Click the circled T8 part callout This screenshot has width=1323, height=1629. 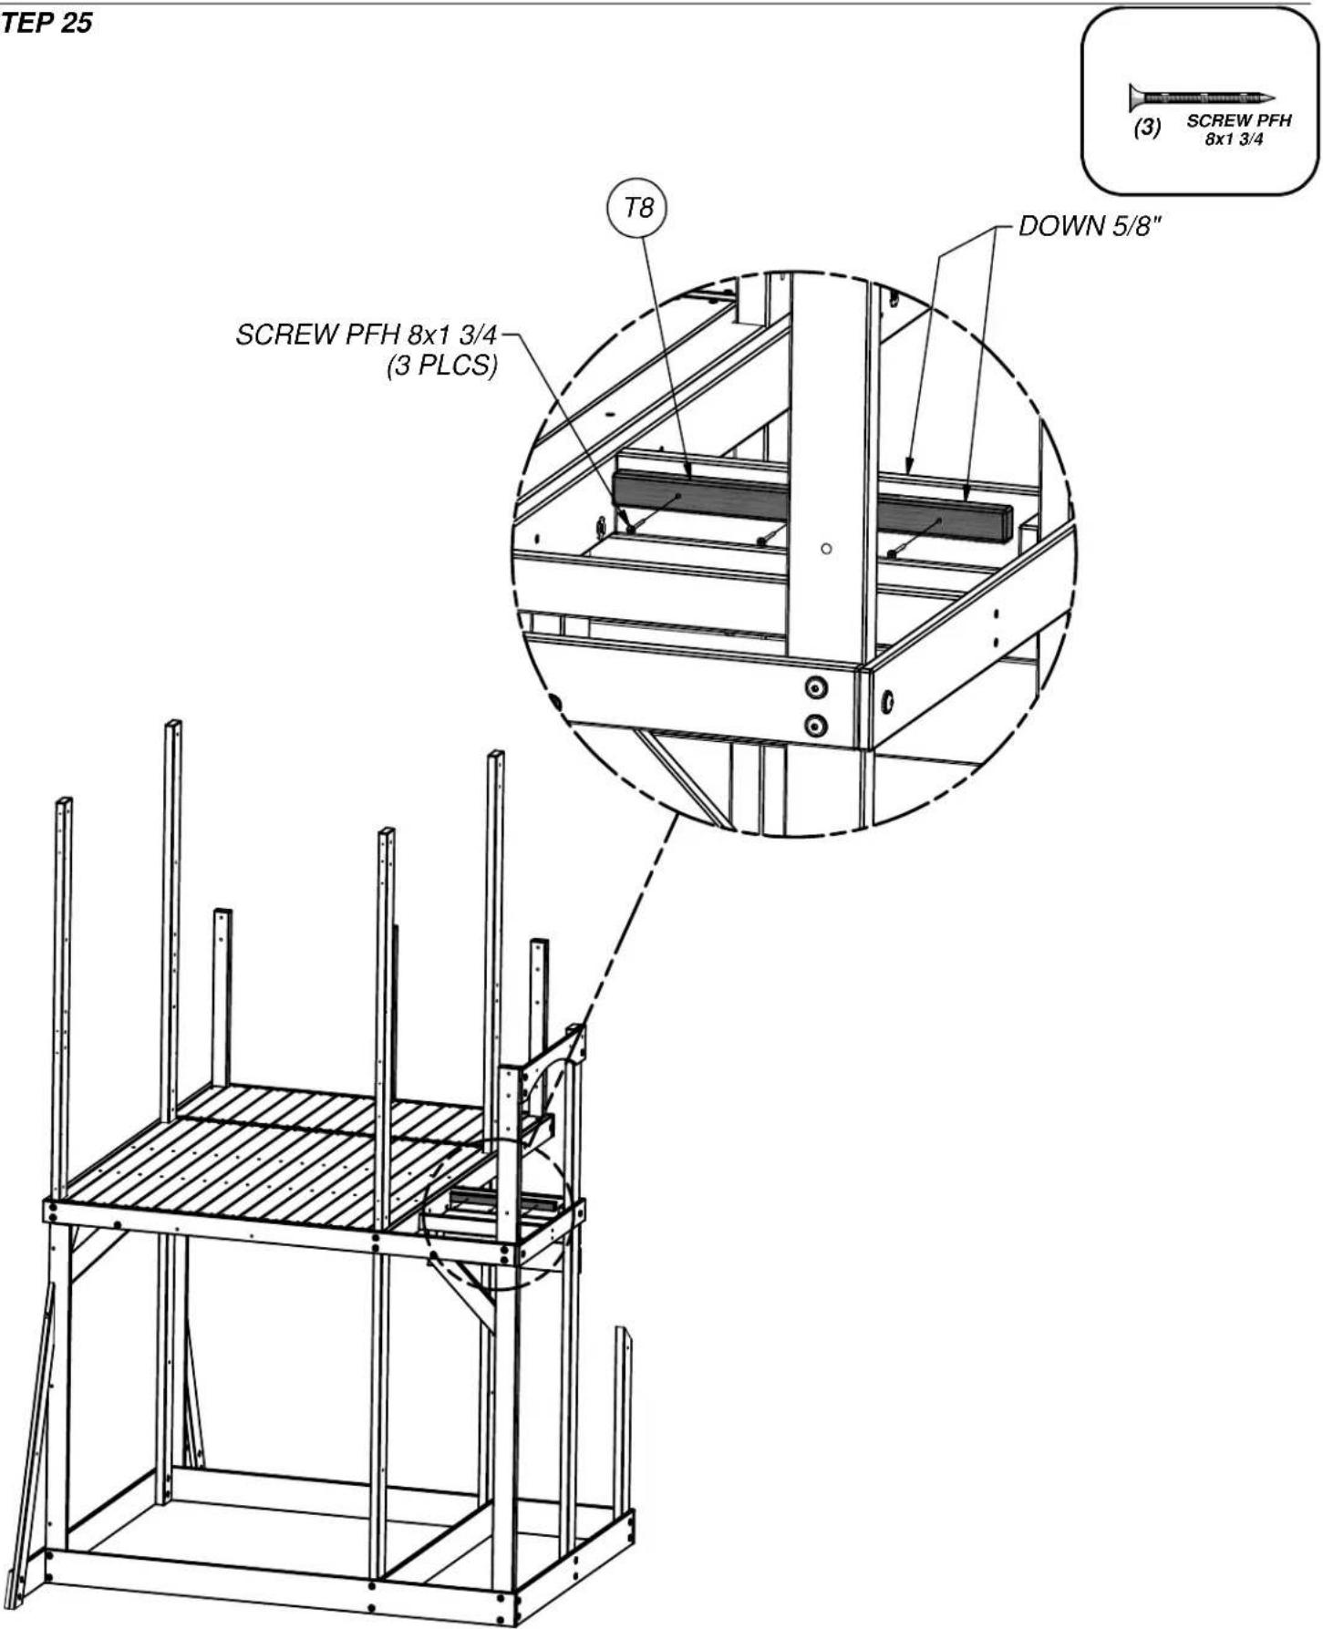click(637, 209)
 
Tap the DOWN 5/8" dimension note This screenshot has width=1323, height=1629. click(1090, 226)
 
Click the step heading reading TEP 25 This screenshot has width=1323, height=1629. click(46, 24)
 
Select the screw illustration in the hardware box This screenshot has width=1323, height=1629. click(1201, 97)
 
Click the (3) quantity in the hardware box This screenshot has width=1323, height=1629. click(1147, 128)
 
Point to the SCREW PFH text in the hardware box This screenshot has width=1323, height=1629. click(1238, 120)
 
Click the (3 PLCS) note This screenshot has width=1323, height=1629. click(442, 366)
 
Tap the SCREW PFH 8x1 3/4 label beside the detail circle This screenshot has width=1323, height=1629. click(367, 335)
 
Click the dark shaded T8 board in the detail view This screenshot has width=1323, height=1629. click(811, 506)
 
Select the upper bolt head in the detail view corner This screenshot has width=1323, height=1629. click(815, 687)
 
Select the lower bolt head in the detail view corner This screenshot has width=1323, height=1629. click(815, 726)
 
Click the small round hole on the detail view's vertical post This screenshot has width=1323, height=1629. click(826, 549)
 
